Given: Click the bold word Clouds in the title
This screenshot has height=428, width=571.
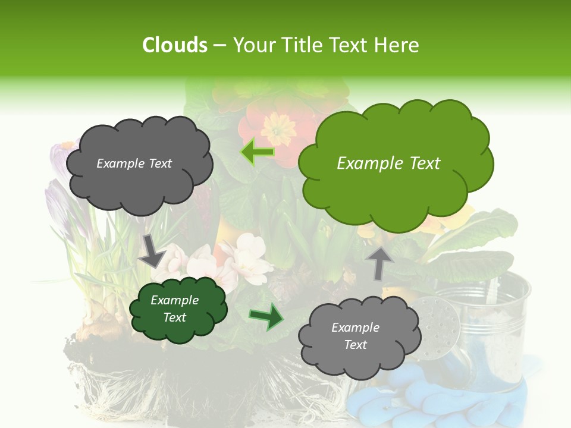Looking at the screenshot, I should coord(174,45).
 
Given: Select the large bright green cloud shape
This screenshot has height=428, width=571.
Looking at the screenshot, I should coord(395,163).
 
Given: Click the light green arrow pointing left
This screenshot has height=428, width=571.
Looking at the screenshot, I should coord(258,152).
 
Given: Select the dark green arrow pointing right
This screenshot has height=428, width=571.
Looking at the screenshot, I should coord(266,317).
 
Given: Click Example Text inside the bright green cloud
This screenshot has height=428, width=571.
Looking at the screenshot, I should coord(388,163).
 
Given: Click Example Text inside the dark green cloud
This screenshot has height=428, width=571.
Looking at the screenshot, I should coord(174,309).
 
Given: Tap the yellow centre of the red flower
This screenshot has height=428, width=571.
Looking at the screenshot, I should coord(278,125).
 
